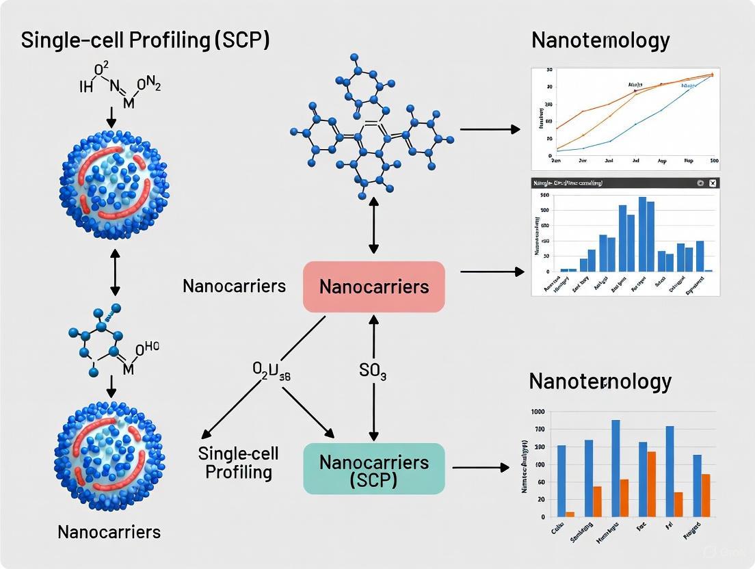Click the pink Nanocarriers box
coord(374,287)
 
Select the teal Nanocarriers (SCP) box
coord(374,469)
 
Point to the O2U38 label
coord(272,371)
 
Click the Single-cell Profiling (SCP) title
coord(145,40)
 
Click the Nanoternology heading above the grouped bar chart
coord(600,381)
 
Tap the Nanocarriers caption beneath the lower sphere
coord(109,531)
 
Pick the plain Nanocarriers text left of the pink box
coord(234,286)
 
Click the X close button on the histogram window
coord(713,183)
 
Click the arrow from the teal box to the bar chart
coord(481,468)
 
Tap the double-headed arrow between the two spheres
coord(114,272)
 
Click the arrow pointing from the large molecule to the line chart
coord(490,129)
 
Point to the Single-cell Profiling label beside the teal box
coord(235,462)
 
